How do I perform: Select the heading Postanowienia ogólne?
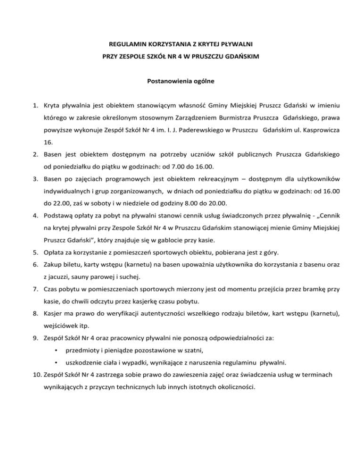tap(181, 81)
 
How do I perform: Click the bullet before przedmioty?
tap(56, 350)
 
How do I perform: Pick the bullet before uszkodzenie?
tap(56, 362)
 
